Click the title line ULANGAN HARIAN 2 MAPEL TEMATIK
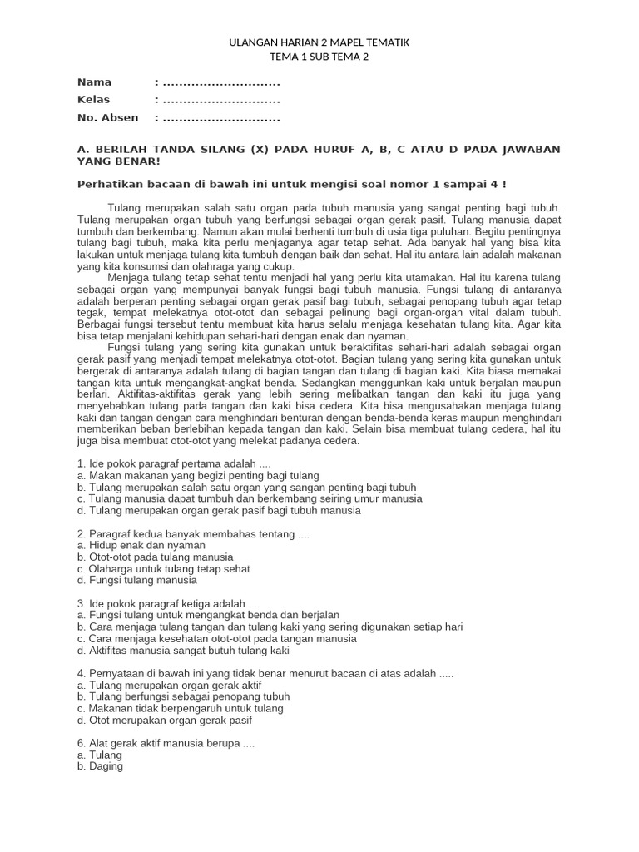319,42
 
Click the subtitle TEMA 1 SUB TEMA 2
319,57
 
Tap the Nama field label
94,82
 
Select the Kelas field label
93,99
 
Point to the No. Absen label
107,117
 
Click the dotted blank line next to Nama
220,82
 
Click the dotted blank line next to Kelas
220,100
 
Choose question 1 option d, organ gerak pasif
219,510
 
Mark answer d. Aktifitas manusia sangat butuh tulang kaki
182,650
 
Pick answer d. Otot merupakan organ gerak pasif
165,720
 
